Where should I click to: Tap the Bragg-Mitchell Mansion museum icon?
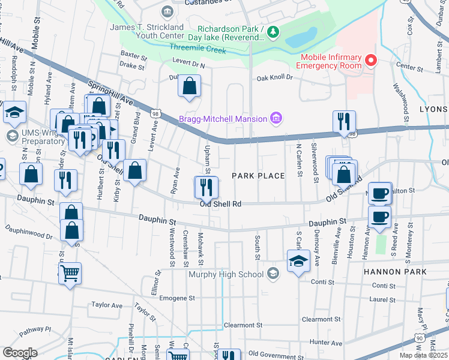pyautogui.click(x=276, y=118)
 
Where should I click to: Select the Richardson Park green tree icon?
pyautogui.click(x=273, y=32)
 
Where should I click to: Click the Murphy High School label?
pyautogui.click(x=226, y=275)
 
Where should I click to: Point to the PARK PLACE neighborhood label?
pyautogui.click(x=258, y=176)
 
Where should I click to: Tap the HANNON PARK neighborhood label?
pyautogui.click(x=394, y=272)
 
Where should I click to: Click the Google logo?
pyautogui.click(x=20, y=352)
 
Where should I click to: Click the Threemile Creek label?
pyautogui.click(x=197, y=50)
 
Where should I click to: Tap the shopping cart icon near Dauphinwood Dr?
pyautogui.click(x=70, y=274)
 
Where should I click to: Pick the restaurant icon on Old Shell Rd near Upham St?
pyautogui.click(x=205, y=187)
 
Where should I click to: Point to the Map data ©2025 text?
pyautogui.click(x=424, y=355)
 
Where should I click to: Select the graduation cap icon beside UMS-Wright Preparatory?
pyautogui.click(x=14, y=113)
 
